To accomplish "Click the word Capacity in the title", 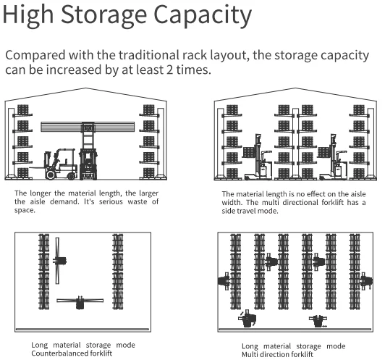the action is pos(203,15).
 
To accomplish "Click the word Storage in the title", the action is pos(103,15).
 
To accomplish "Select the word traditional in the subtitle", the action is pos(150,55).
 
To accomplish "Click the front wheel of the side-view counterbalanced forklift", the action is pos(51,175).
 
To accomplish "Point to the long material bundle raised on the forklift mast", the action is pos(88,127).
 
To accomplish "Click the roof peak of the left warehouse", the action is pos(85,88).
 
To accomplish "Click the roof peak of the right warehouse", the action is pos(295,88).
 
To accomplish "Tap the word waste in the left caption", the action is pos(137,202).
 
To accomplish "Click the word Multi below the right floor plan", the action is pos(250,354).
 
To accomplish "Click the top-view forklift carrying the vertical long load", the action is pos(59,261).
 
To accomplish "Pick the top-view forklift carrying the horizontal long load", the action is pos(80,303).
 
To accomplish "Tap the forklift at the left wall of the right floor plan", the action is pos(224,280).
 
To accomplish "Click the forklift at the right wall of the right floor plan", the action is pos(366,280).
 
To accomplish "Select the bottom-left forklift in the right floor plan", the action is pos(247,319).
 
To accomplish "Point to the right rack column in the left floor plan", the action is pos(118,272).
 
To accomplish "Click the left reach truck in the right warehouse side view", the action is pos(258,157).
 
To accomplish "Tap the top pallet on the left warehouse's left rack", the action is pos(23,109).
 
